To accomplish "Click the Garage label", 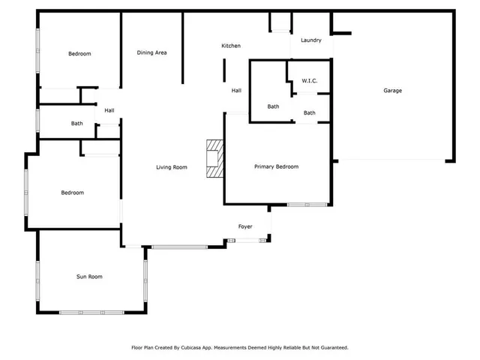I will [x=392, y=91].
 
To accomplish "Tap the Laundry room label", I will [x=311, y=40].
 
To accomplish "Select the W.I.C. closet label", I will [x=310, y=80].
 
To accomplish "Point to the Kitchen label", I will [x=231, y=46].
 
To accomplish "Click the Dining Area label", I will [x=151, y=53].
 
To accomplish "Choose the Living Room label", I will [x=172, y=167].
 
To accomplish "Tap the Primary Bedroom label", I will [x=276, y=166].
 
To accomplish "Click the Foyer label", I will [x=245, y=226].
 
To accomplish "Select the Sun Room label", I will [x=89, y=277].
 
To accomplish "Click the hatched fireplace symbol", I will [x=215, y=159].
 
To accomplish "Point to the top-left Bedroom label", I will [x=79, y=54].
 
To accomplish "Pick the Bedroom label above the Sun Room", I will [x=72, y=193].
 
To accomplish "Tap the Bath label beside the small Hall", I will [x=76, y=124].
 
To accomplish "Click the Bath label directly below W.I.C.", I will [x=310, y=113].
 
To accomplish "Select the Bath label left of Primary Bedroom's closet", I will [x=273, y=106].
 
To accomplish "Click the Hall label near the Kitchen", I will [x=236, y=91].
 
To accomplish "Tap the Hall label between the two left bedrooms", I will [x=109, y=111].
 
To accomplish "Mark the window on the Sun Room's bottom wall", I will [x=91, y=312].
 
